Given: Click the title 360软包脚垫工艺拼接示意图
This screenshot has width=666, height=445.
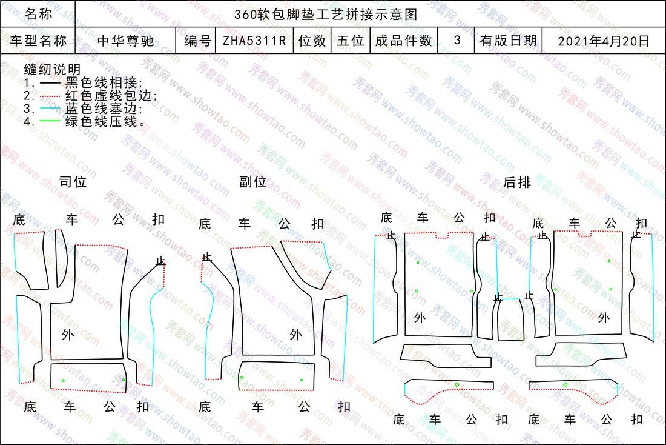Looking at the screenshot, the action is [326, 15].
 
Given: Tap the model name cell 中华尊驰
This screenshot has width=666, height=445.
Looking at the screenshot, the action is [125, 41].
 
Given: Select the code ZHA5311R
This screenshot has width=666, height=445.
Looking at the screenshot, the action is [254, 41].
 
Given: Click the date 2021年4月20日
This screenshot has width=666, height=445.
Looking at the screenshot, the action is [604, 41].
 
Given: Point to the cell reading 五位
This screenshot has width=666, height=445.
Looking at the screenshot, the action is [351, 41].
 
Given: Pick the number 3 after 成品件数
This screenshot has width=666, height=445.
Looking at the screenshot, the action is [457, 40].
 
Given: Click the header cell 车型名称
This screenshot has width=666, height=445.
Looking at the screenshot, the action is [38, 41].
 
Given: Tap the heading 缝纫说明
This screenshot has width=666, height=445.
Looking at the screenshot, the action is [52, 69].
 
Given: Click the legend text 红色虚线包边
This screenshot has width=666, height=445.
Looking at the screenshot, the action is [109, 96].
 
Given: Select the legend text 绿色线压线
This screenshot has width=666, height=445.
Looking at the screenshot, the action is [101, 122].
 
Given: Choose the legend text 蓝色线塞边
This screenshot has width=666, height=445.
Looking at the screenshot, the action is [102, 109].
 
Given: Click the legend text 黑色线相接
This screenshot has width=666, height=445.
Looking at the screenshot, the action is [102, 82].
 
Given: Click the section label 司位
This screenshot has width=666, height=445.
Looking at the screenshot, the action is [73, 182].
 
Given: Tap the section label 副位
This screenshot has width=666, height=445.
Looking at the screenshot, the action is [253, 182].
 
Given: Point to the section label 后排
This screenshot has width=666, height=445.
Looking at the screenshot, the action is [517, 182].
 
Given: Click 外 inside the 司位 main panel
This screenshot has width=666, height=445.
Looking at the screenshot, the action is [68, 335].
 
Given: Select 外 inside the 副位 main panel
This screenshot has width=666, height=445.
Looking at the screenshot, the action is [295, 335].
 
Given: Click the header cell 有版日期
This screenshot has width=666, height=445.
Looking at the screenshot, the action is [509, 41].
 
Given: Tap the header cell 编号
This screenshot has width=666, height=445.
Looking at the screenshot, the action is [197, 41].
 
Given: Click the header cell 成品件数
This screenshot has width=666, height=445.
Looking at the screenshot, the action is [403, 41].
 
